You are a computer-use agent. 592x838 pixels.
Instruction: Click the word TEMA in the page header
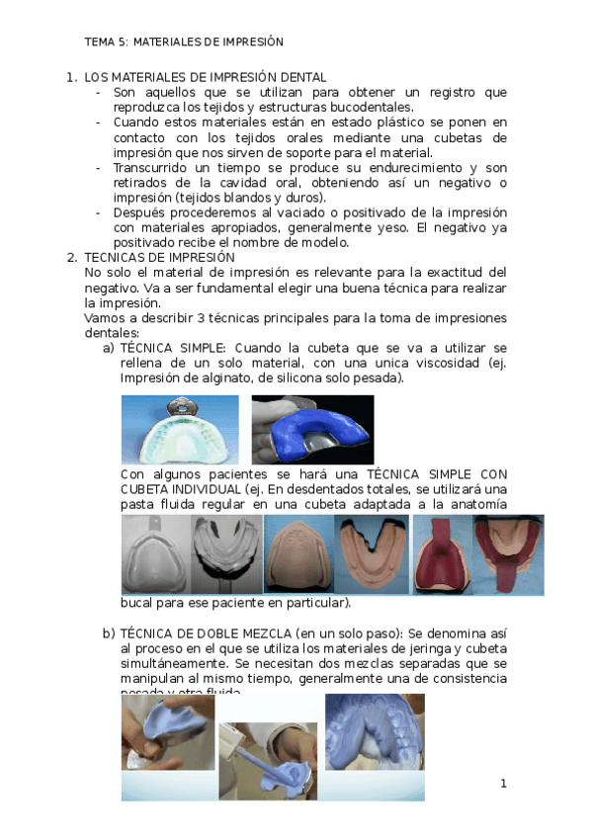pyautogui.click(x=99, y=42)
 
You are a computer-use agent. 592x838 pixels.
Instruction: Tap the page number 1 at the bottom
pyautogui.click(x=503, y=784)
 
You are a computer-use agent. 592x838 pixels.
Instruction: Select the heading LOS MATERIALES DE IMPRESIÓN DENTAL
pyautogui.click(x=206, y=77)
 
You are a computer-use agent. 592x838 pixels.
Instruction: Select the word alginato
pyautogui.click(x=225, y=378)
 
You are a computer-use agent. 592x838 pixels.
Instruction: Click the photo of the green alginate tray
pyautogui.click(x=179, y=430)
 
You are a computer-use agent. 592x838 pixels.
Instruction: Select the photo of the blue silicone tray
pyautogui.click(x=312, y=430)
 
